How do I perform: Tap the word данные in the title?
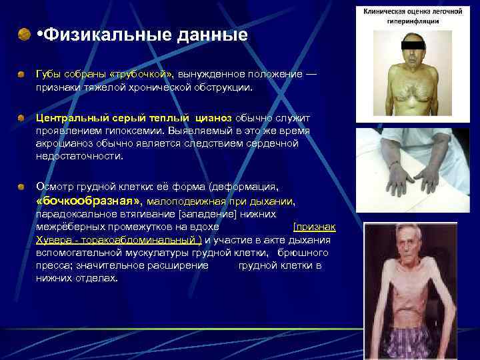(x=213, y=34)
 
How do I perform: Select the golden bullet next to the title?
(x=24, y=33)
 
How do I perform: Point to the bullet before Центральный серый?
(x=22, y=117)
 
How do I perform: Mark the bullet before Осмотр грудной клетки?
(x=22, y=187)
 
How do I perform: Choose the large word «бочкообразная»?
(x=89, y=201)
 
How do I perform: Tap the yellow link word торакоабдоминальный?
(x=141, y=240)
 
